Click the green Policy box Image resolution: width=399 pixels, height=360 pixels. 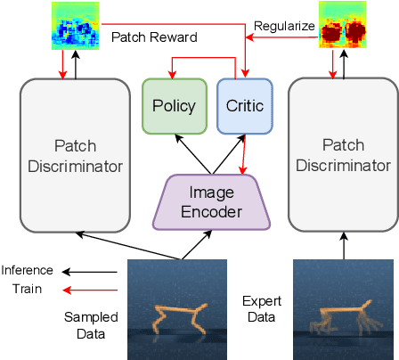[175, 106]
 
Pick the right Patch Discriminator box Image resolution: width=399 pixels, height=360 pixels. [342, 155]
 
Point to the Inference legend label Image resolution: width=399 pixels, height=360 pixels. [28, 270]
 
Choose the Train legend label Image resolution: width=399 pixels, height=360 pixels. [28, 290]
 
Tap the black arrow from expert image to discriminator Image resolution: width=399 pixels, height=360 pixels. [342, 245]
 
